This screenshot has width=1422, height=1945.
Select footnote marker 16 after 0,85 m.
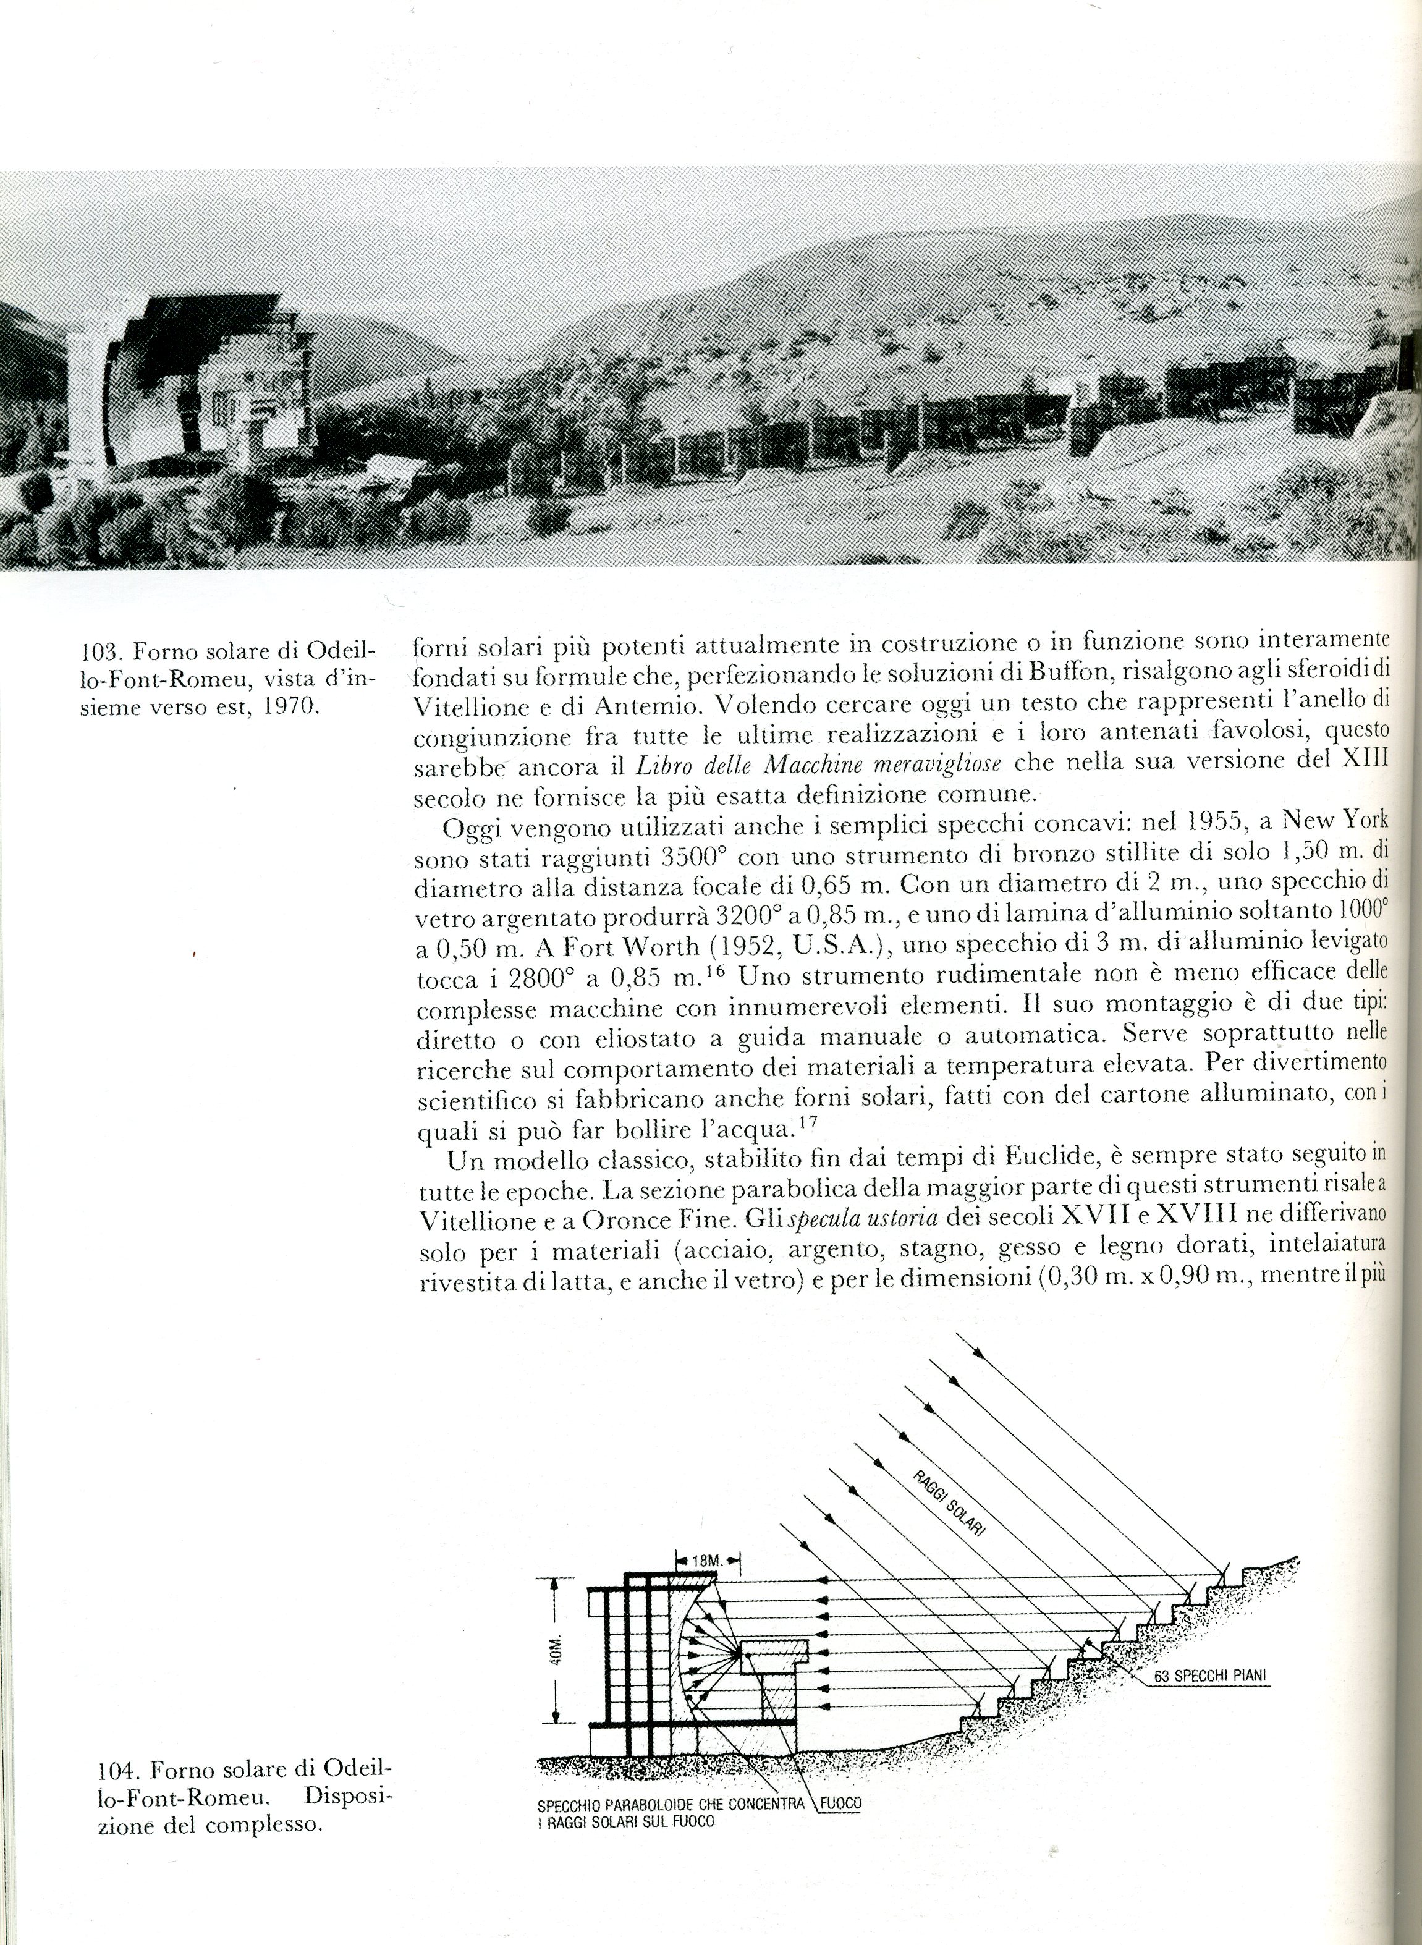[x=719, y=971]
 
